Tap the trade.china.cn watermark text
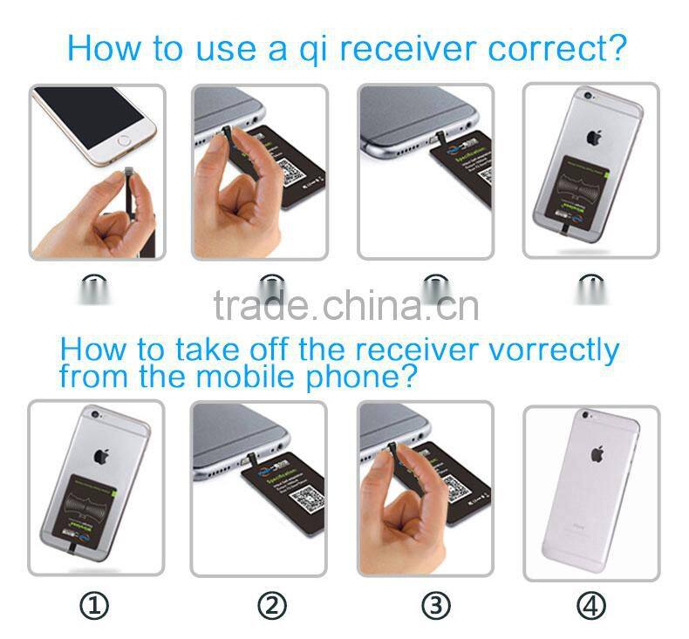click(345, 306)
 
